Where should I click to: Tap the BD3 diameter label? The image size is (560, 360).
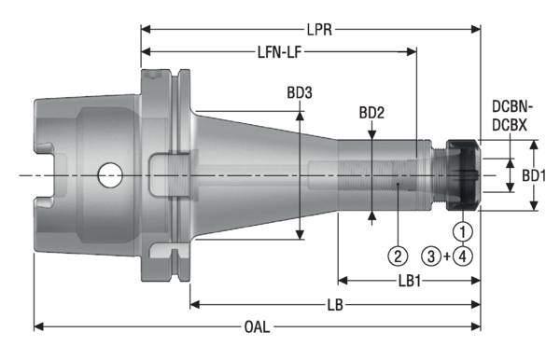(x=301, y=93)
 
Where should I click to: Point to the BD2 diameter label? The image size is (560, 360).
(x=372, y=114)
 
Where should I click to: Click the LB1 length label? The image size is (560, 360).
(x=409, y=280)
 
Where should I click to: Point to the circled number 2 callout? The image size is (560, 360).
(x=398, y=255)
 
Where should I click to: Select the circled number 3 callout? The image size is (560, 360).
(x=431, y=255)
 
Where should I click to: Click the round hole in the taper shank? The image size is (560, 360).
(x=110, y=173)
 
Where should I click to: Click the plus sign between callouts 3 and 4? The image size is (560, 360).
(x=448, y=255)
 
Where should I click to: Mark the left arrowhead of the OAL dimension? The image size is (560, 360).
(x=38, y=326)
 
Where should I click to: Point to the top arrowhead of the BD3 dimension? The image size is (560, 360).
(x=300, y=114)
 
